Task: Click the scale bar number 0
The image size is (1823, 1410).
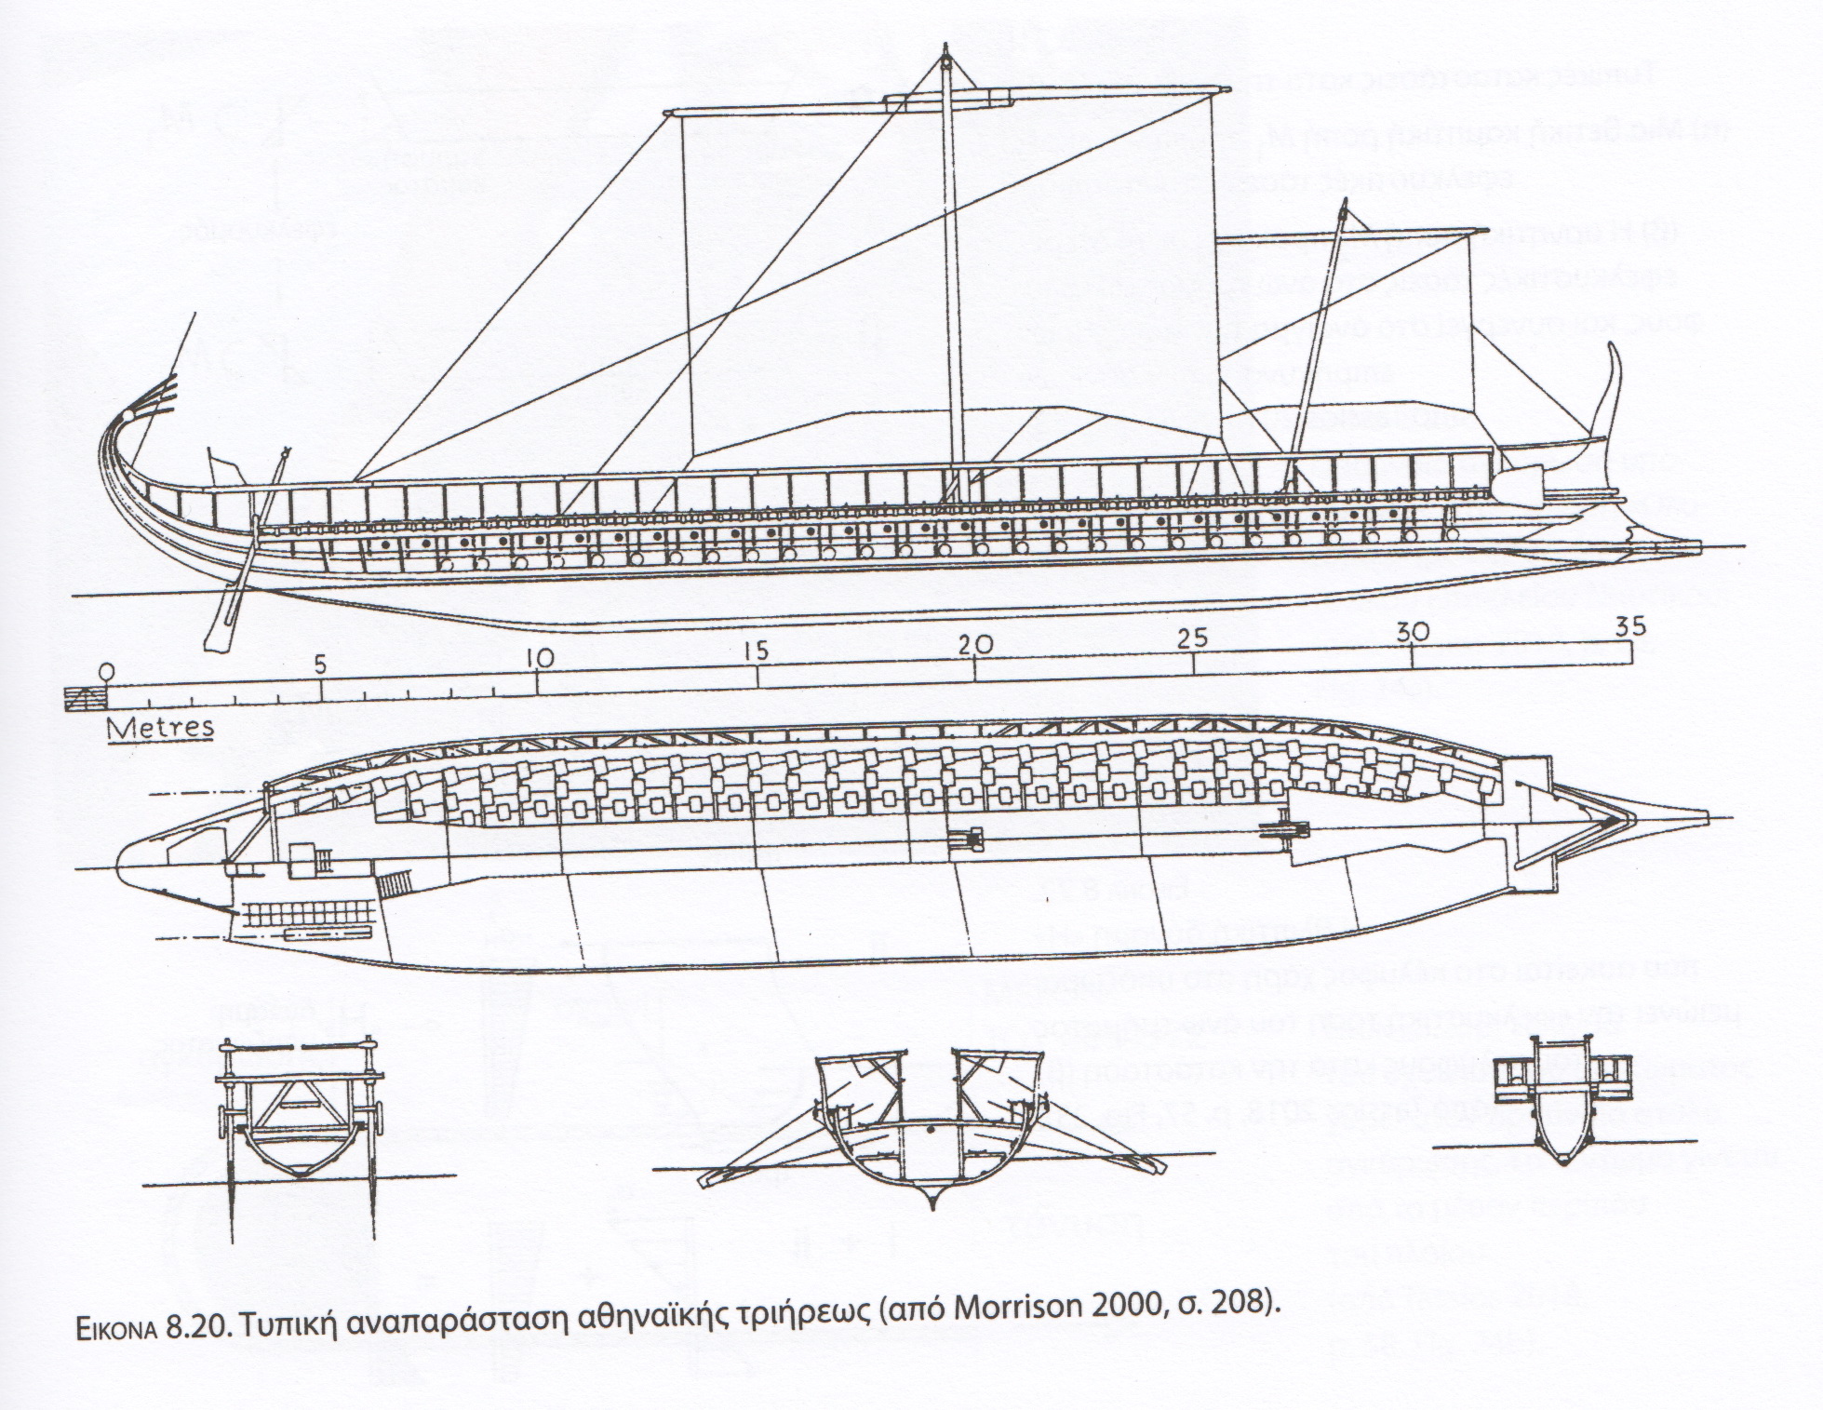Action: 107,669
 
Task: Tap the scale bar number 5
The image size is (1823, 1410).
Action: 321,666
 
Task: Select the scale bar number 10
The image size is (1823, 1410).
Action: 539,658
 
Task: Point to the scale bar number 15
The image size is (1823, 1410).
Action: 757,651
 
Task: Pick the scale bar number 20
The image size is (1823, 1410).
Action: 974,645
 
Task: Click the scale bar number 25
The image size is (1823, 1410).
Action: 1193,638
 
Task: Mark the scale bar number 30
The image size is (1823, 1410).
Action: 1412,632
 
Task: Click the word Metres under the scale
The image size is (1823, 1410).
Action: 160,727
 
